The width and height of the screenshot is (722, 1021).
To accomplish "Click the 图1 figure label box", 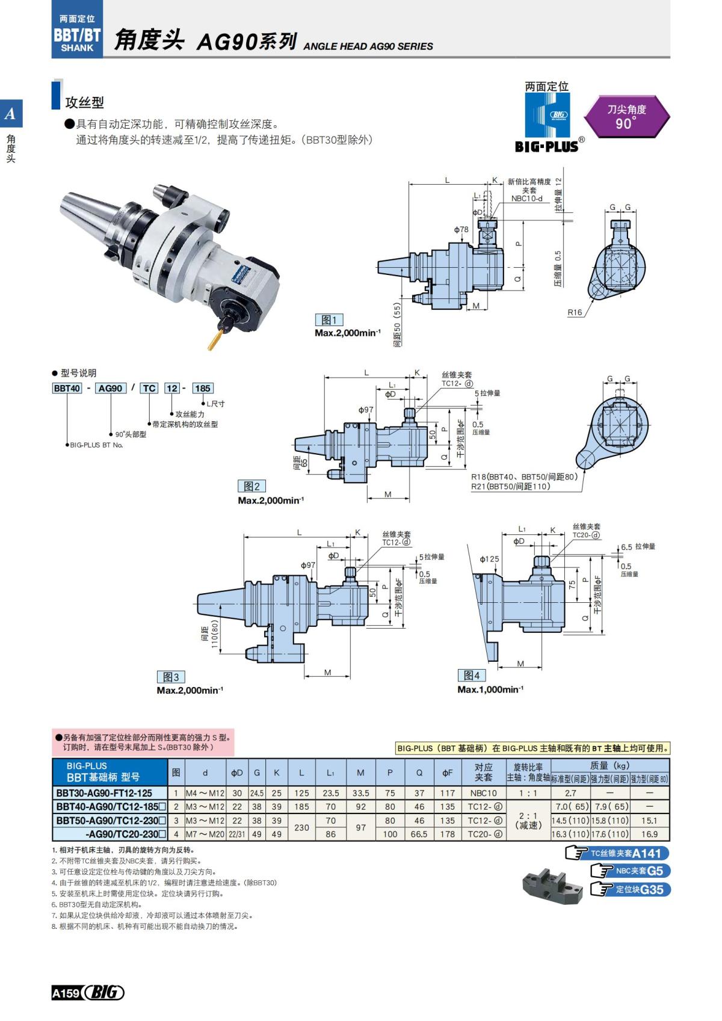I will pos(329,320).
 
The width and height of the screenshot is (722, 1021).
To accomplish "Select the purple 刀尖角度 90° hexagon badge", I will pos(626,117).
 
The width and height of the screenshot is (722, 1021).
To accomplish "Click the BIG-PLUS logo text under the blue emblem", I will pos(546,146).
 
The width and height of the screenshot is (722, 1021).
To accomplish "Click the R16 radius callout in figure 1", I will pos(575,312).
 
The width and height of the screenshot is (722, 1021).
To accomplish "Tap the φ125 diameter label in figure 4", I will pos(489,559).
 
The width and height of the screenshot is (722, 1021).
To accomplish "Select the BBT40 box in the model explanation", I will pos(67,388).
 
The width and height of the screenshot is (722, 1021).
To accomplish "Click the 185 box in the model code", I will pos(203,388).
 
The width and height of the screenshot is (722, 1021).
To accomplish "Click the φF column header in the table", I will pos(448,773).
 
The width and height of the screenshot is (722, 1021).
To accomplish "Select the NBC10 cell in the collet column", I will pos(483,793).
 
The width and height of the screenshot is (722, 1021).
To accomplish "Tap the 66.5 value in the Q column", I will pos(419,834).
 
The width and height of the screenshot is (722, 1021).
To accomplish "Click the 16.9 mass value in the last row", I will pos(650,834).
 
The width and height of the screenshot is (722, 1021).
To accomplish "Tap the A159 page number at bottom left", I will pos(66,993).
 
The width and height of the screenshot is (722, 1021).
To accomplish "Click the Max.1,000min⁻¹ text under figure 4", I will pos(490,689).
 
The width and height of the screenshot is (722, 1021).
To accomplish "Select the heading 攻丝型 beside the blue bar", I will pos(84,102).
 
